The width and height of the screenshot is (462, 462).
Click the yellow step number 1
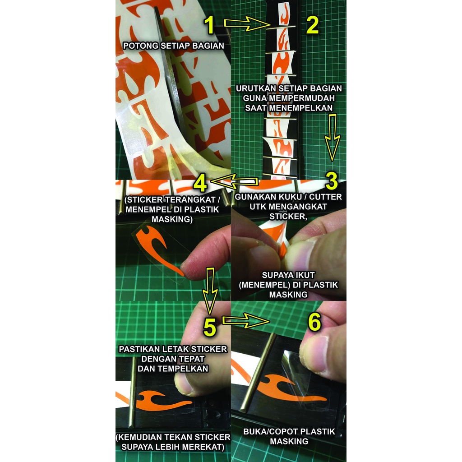[209, 25]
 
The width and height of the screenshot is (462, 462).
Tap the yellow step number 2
[312, 25]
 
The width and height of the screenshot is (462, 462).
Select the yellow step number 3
[332, 180]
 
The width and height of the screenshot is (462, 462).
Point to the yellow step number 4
[201, 184]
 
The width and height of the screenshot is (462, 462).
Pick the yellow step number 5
[210, 327]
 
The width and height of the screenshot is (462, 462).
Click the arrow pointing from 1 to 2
[247, 24]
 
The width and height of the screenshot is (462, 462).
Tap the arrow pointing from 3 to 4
[235, 181]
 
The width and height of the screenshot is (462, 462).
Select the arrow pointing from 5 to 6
[246, 321]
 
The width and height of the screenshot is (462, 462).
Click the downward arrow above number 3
[333, 138]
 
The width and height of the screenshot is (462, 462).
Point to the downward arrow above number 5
[210, 291]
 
